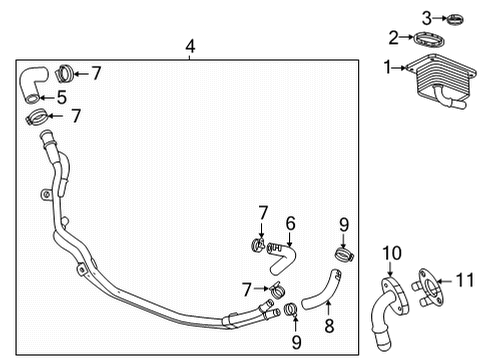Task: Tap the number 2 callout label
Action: pos(393,38)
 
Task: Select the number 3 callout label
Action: pos(424,17)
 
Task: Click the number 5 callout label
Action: pos(61,98)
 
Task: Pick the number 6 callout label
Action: pos(291,223)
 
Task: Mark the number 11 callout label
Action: pos(462,282)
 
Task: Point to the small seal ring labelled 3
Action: pos(456,18)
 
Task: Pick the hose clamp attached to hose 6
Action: pos(258,243)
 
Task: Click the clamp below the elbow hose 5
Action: pos(39,120)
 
